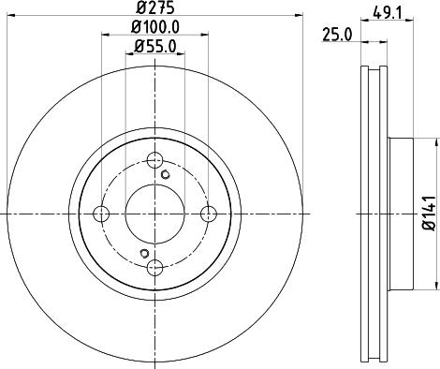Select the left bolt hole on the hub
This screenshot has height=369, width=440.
click(101, 214)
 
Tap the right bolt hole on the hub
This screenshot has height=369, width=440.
click(210, 214)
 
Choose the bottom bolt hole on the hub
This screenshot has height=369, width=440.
click(155, 268)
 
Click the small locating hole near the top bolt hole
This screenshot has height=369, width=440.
click(166, 174)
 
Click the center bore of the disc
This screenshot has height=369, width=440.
click(155, 214)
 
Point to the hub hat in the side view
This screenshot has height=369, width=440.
click(398, 214)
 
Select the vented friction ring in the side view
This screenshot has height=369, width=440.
click(372, 214)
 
